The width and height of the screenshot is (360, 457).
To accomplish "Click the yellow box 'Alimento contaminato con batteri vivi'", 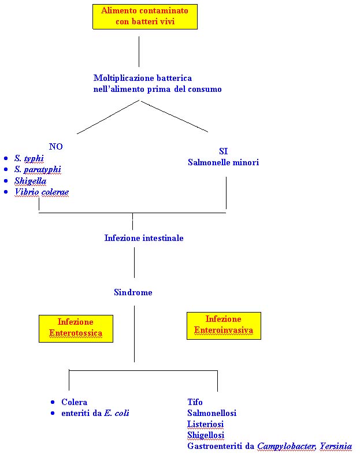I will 145,17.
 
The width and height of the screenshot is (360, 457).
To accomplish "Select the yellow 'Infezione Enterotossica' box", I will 76,328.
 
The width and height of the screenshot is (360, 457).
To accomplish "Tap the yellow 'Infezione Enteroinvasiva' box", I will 224,325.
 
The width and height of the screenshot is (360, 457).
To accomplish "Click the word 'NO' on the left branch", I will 56,147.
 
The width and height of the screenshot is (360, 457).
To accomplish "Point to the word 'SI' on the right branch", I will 224,151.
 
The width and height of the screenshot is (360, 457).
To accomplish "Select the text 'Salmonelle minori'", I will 223,162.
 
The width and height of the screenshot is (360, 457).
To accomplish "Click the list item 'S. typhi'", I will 29,158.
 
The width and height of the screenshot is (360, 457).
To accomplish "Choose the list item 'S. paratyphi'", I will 38,169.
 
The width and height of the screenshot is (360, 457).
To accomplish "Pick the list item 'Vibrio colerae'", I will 42,192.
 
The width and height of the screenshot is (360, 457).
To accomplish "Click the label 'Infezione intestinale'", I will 144,238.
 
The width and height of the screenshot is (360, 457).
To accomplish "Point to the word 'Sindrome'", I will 133,292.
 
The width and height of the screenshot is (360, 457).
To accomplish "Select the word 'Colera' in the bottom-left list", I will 74,402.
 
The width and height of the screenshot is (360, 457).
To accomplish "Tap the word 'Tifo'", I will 195,402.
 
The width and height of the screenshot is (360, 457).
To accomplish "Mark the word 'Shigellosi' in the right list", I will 206,435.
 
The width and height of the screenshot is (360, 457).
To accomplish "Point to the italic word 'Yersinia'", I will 336,446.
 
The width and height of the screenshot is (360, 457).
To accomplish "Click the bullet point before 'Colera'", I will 53,402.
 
